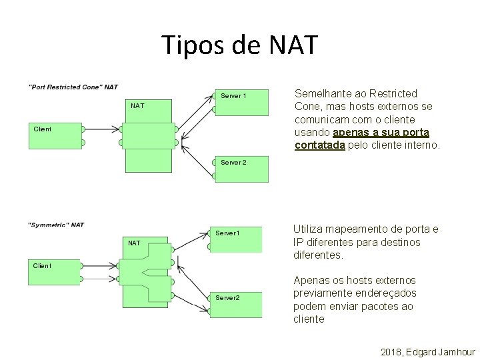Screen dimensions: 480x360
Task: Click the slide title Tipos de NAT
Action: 241,45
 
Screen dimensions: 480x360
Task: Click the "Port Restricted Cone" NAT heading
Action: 73,87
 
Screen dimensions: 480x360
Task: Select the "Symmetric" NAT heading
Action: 57,225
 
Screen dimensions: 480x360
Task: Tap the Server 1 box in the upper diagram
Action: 241,102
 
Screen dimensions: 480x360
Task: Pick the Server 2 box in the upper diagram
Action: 241,169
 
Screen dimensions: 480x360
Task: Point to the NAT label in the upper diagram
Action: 137,105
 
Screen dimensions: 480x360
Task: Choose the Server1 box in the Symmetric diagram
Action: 235,239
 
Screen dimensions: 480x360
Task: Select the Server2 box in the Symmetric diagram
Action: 235,303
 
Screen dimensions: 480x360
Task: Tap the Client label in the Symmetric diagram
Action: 42,265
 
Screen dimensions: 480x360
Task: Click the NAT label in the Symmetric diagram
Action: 134,243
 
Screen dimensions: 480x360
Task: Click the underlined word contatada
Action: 320,145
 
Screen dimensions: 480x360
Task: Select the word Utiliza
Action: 309,229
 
